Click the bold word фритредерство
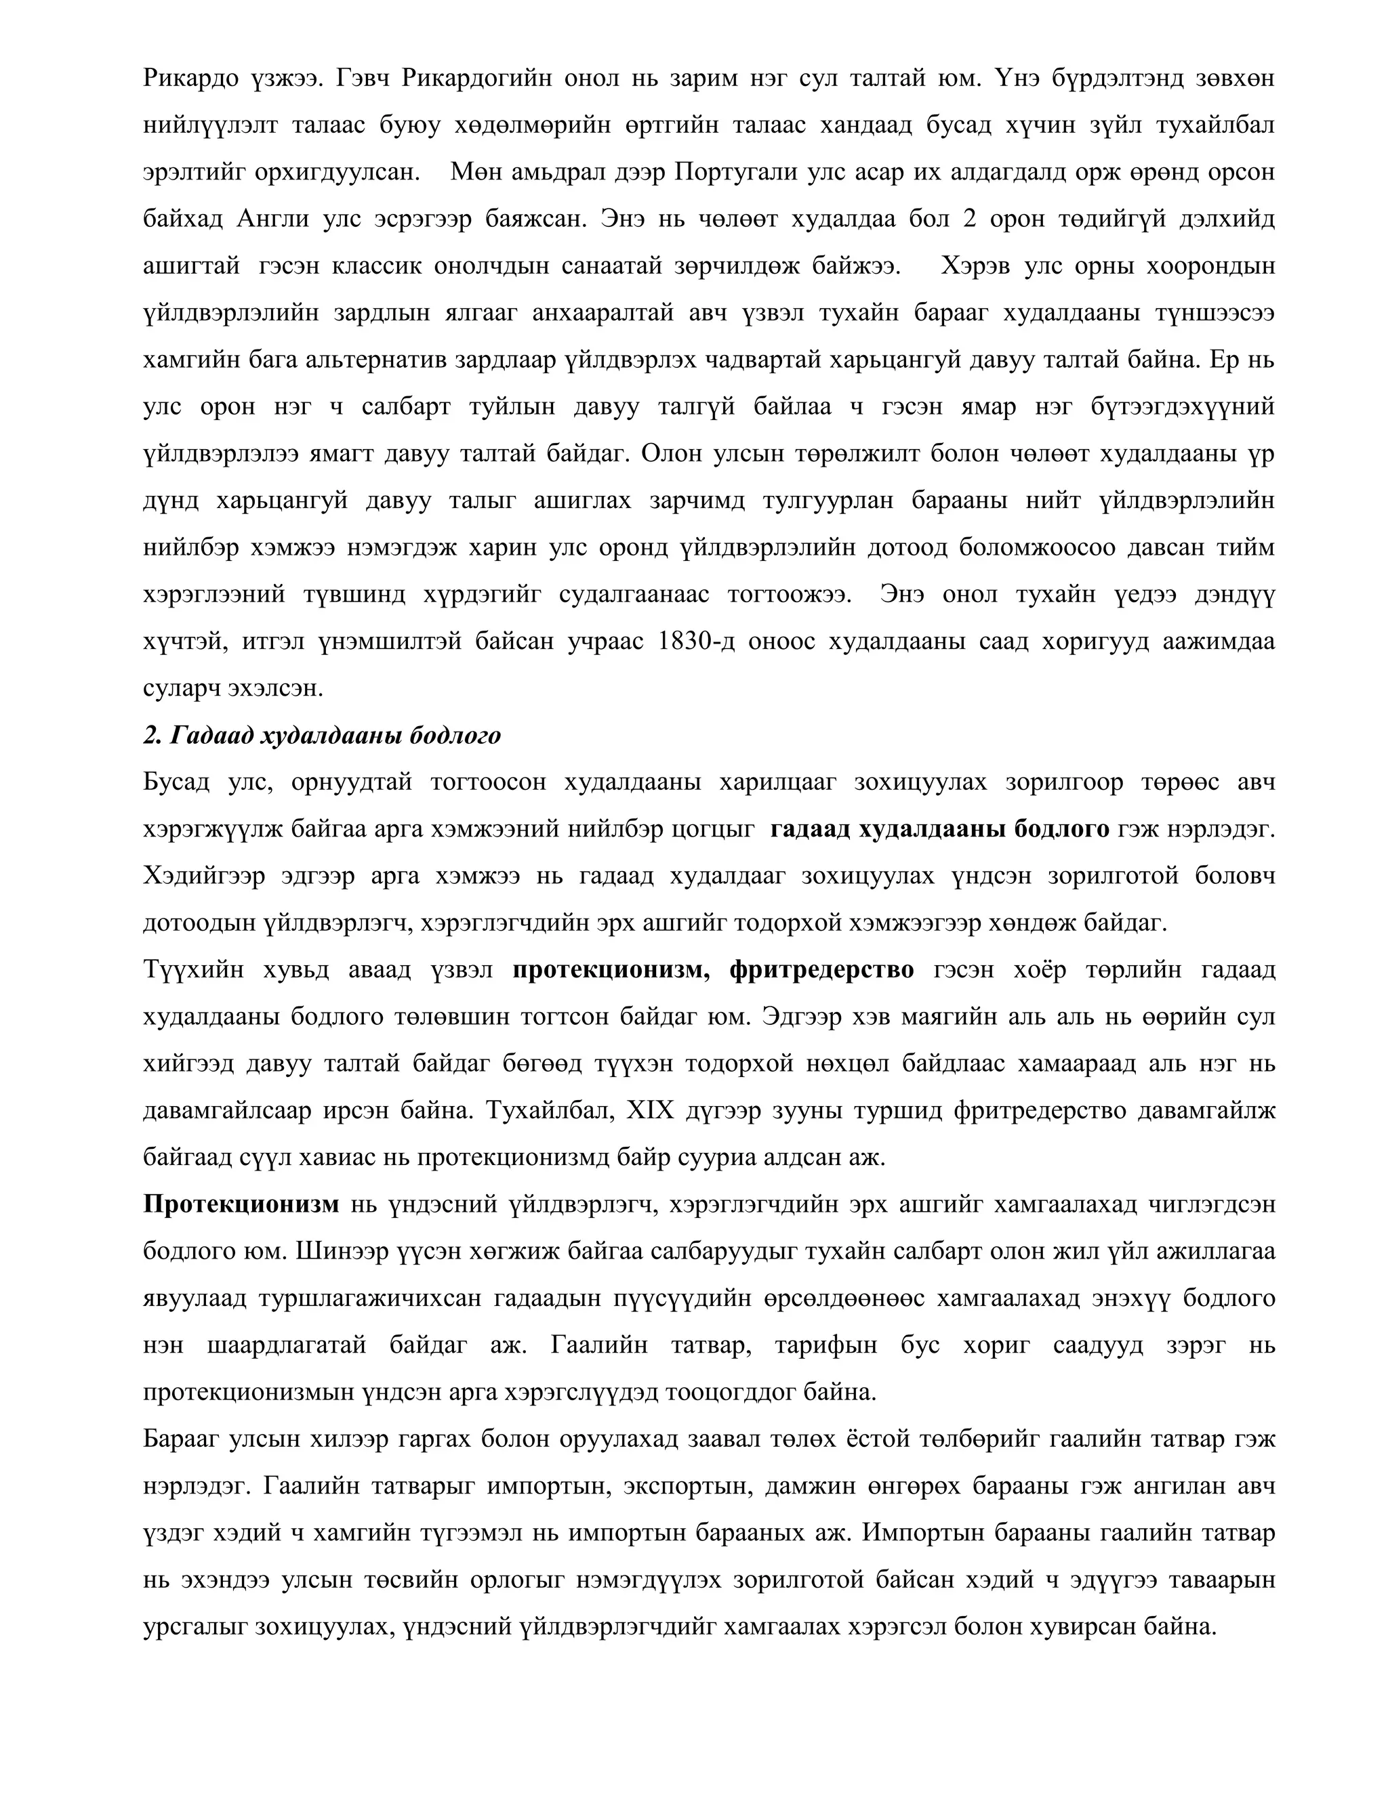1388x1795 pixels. tap(821, 970)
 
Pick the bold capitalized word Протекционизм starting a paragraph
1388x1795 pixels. tap(241, 1204)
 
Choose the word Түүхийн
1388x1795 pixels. tap(193, 970)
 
